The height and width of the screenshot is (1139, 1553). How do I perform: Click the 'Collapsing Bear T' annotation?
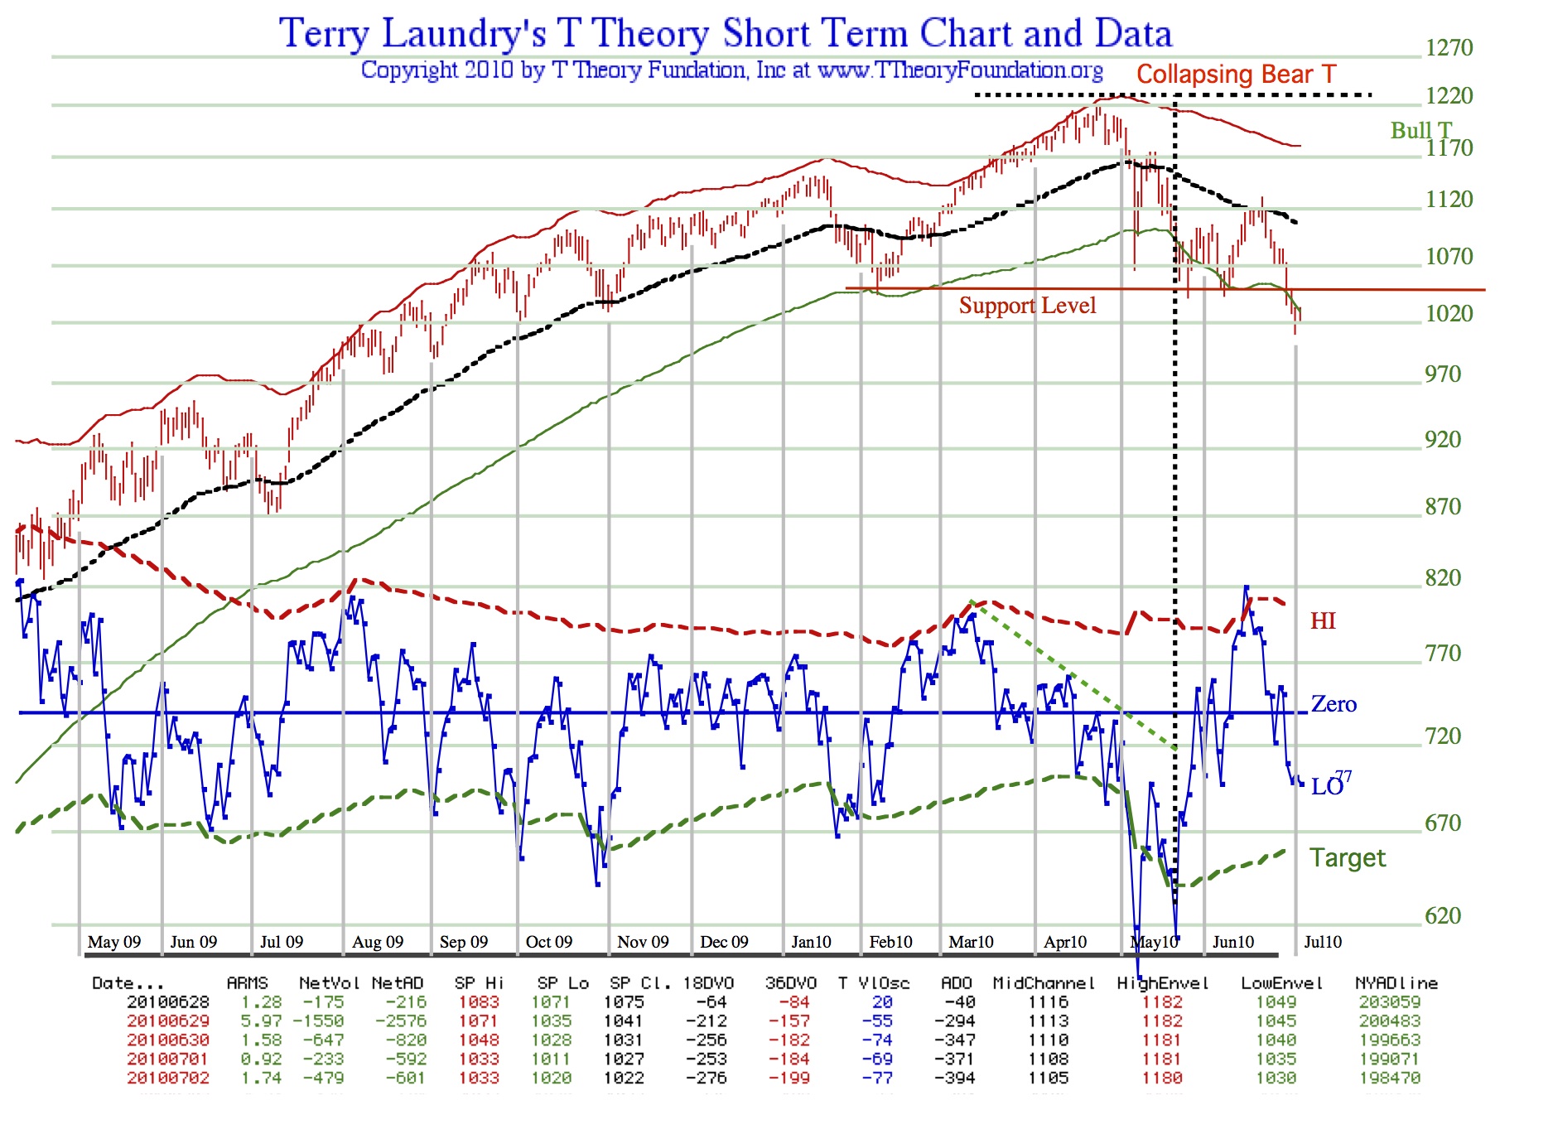coord(1236,75)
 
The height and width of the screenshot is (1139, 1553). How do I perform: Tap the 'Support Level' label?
coord(1027,306)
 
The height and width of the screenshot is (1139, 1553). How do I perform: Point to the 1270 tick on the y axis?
coord(1449,48)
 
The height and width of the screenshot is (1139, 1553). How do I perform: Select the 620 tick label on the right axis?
coord(1443,915)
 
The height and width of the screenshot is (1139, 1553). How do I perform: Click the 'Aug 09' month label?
coord(378,942)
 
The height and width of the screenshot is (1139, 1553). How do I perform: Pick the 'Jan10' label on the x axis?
coord(811,942)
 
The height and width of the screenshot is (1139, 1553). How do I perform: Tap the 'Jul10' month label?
coord(1323,942)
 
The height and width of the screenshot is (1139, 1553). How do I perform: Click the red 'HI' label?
coord(1323,621)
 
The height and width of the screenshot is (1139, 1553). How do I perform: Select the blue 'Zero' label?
coord(1334,704)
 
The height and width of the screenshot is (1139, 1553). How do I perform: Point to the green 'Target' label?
coord(1347,858)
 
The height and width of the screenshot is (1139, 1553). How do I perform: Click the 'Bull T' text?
coord(1420,131)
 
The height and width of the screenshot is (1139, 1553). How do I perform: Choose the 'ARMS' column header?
coord(247,983)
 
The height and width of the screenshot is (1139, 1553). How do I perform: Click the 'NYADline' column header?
coord(1396,983)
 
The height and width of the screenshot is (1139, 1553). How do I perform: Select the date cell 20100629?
coord(168,1021)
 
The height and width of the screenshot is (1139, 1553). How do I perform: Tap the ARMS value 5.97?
coord(261,1021)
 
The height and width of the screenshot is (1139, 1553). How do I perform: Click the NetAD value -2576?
coord(401,1021)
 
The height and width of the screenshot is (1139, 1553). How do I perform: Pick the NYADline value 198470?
coord(1390,1079)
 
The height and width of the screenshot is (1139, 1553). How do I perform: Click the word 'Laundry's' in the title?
coord(464,34)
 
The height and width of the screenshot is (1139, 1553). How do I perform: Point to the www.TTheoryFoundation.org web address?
coord(960,70)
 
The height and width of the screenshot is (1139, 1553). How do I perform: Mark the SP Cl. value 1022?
coord(624,1079)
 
